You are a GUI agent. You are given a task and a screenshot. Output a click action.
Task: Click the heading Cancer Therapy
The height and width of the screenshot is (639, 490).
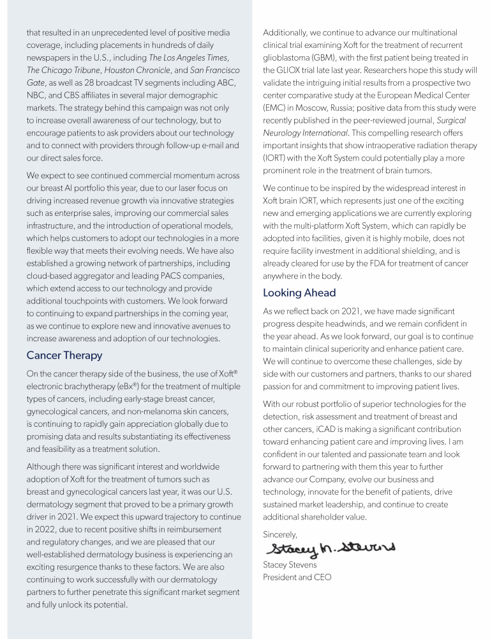64,355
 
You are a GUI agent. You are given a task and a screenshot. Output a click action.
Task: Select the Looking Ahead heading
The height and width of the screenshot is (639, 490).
299,293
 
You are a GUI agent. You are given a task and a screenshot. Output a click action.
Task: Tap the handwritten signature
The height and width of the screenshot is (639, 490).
330,548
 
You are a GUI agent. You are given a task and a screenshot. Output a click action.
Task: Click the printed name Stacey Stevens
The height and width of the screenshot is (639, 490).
290,565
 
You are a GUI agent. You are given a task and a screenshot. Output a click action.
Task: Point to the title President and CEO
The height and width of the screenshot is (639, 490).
297,577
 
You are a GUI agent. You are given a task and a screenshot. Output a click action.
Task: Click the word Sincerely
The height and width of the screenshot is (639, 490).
279,534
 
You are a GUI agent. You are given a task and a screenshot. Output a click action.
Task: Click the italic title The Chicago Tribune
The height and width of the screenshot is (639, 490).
62,70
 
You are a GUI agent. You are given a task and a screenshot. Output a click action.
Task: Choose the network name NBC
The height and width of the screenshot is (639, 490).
36,95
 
